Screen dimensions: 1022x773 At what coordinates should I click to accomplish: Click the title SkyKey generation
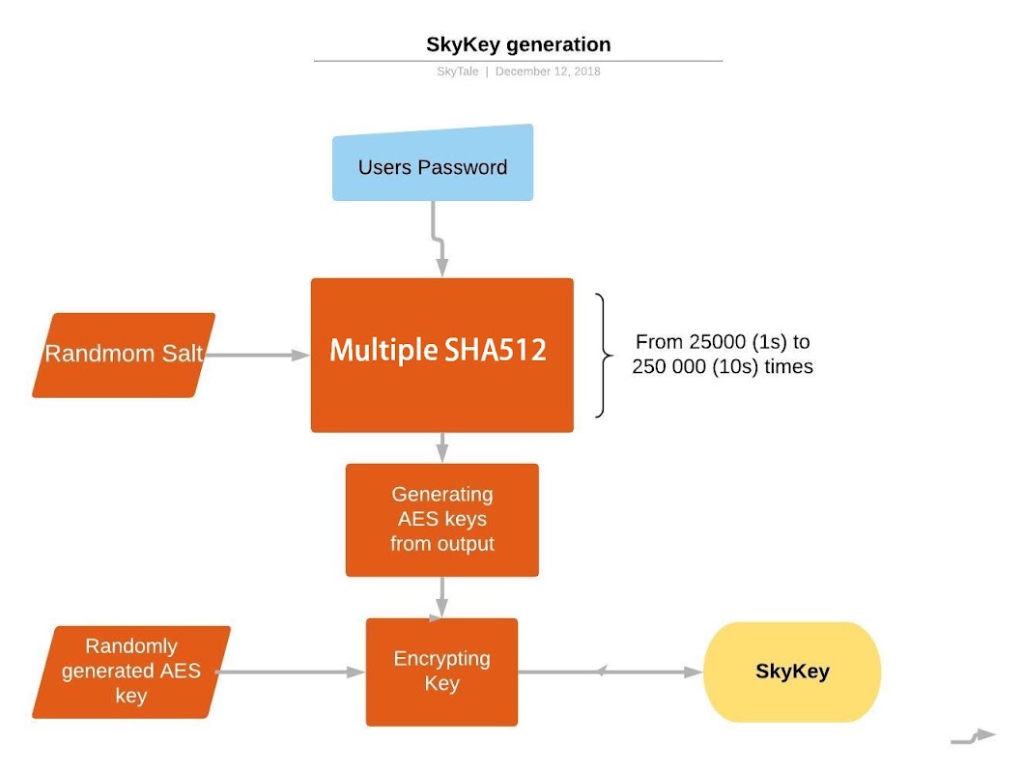pos(518,44)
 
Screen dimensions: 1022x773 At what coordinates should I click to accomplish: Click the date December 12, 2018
pos(548,72)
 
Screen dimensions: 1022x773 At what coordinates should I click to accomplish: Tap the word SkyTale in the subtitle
pos(458,72)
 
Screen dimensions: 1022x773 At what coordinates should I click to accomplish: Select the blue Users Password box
pos(433,163)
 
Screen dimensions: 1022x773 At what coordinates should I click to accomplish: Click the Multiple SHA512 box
pos(441,356)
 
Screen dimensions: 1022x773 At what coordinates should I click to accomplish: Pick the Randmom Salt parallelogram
pos(124,356)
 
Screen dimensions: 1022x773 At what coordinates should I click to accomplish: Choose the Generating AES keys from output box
pos(441,520)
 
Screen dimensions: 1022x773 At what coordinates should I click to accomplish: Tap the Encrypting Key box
pos(441,672)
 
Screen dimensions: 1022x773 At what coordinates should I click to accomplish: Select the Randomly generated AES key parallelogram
pos(131,672)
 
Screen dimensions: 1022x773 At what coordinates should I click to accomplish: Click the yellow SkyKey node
pos(792,672)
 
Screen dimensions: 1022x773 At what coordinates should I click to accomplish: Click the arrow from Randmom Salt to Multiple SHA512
pos(258,356)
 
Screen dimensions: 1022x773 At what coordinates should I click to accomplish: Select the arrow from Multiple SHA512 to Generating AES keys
pos(441,447)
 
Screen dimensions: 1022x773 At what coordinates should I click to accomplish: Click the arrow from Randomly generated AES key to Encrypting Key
pos(290,672)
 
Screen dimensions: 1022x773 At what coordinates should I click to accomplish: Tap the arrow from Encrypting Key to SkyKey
pos(610,672)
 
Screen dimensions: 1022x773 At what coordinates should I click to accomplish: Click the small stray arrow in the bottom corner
pos(973,737)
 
